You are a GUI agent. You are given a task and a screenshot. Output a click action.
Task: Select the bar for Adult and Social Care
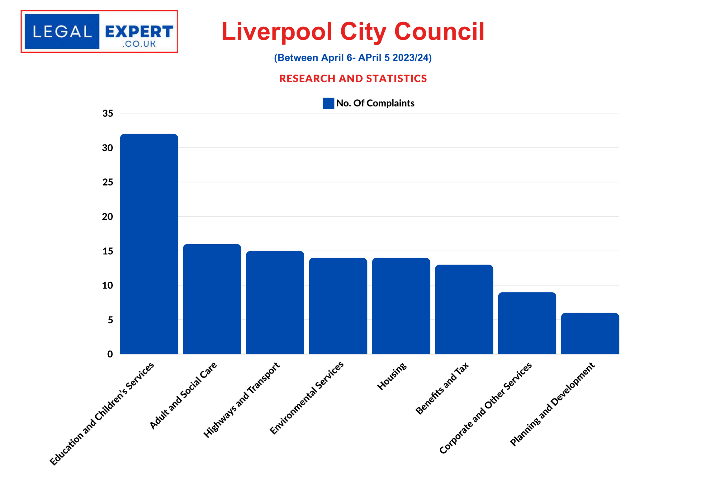[212, 299]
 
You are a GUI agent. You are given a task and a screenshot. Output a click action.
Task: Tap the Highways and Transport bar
[275, 302]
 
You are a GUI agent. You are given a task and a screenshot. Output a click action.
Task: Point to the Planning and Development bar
[590, 333]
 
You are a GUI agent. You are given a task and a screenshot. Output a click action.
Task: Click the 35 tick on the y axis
[108, 114]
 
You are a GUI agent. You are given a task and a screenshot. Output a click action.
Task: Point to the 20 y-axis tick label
[108, 217]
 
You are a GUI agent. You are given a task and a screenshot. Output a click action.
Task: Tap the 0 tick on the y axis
[110, 354]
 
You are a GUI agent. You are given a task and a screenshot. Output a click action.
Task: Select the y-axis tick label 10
[108, 285]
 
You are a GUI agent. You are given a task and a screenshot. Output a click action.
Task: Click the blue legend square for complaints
[328, 103]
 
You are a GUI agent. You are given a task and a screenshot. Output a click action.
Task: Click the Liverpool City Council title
[353, 32]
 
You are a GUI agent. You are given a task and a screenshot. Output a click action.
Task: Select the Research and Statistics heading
[353, 78]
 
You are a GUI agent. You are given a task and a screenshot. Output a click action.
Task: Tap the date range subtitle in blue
[353, 58]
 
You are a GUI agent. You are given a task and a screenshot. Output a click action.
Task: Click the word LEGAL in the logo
[62, 32]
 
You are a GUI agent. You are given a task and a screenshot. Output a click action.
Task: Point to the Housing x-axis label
[392, 376]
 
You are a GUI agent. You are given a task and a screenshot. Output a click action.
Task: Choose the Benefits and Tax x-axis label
[442, 388]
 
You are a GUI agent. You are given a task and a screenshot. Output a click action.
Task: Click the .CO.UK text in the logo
[139, 44]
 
